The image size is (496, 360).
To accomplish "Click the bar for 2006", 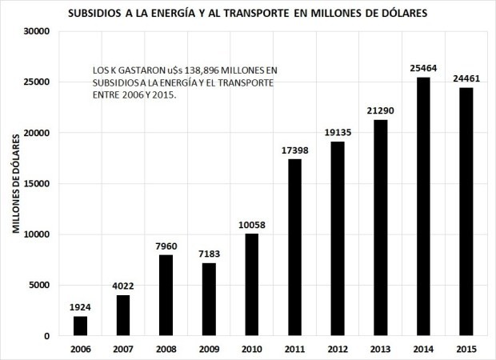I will (x=80, y=326).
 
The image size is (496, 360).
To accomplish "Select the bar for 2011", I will (x=294, y=247).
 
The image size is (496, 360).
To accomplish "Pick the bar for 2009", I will (x=208, y=299).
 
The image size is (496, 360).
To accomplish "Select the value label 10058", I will (x=251, y=225).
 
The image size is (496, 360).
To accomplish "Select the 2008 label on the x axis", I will (x=166, y=349).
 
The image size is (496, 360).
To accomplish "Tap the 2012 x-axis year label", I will (x=337, y=349).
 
